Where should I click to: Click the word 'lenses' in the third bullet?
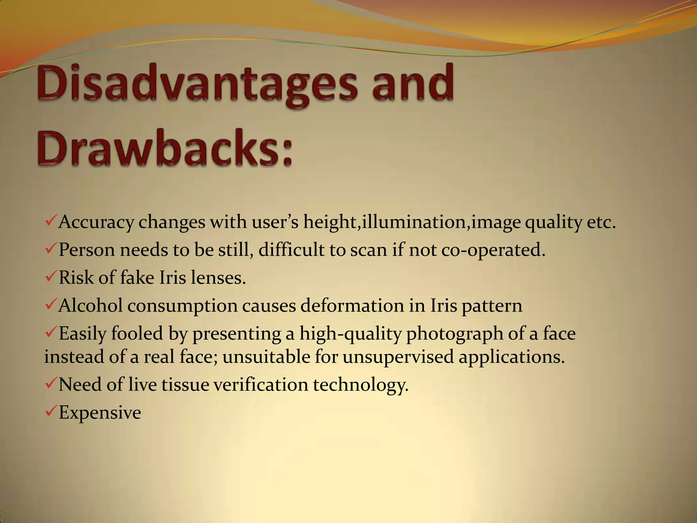(218, 278)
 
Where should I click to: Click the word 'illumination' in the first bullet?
(414, 222)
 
